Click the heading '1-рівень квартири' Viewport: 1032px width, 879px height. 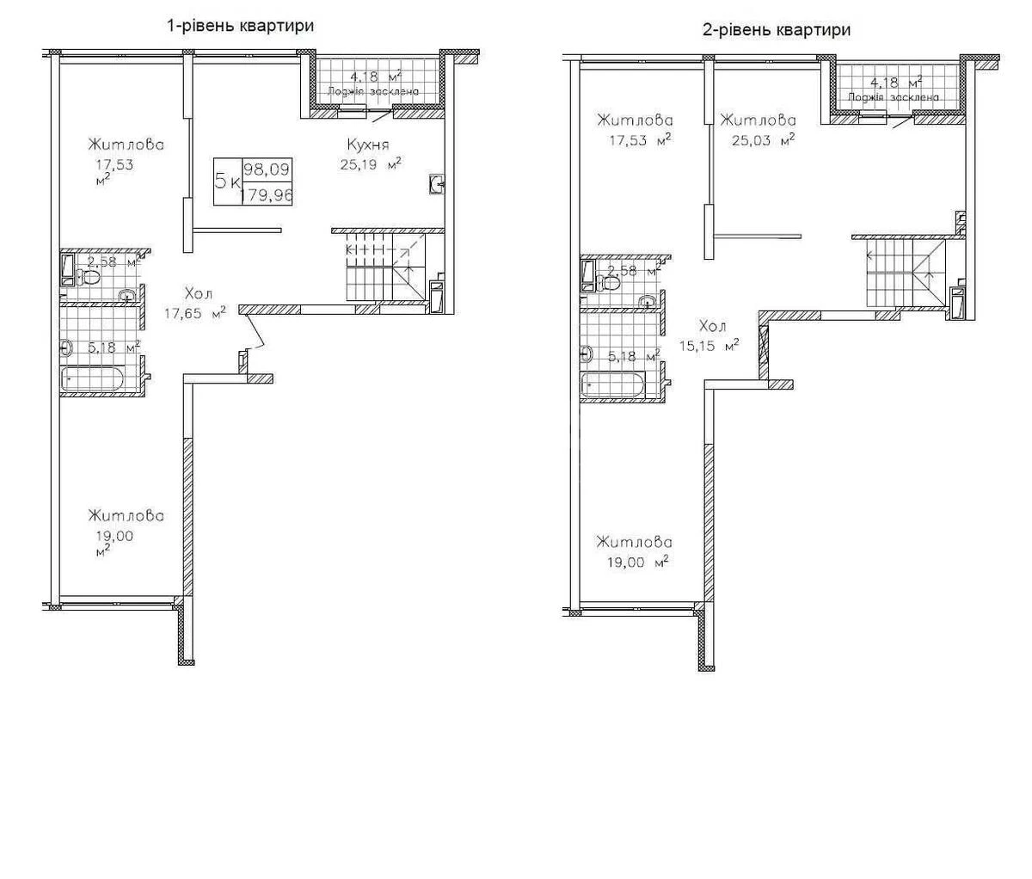click(240, 26)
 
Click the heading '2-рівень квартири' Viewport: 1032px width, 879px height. click(777, 31)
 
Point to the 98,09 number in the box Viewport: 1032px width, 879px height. click(267, 170)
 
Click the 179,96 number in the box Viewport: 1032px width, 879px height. click(267, 194)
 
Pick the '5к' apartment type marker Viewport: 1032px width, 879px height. click(227, 182)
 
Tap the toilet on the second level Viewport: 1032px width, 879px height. click(607, 281)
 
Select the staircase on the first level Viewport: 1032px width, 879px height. click(383, 271)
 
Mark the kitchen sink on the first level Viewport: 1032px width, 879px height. click(437, 181)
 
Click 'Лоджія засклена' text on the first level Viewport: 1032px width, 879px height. click(372, 90)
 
